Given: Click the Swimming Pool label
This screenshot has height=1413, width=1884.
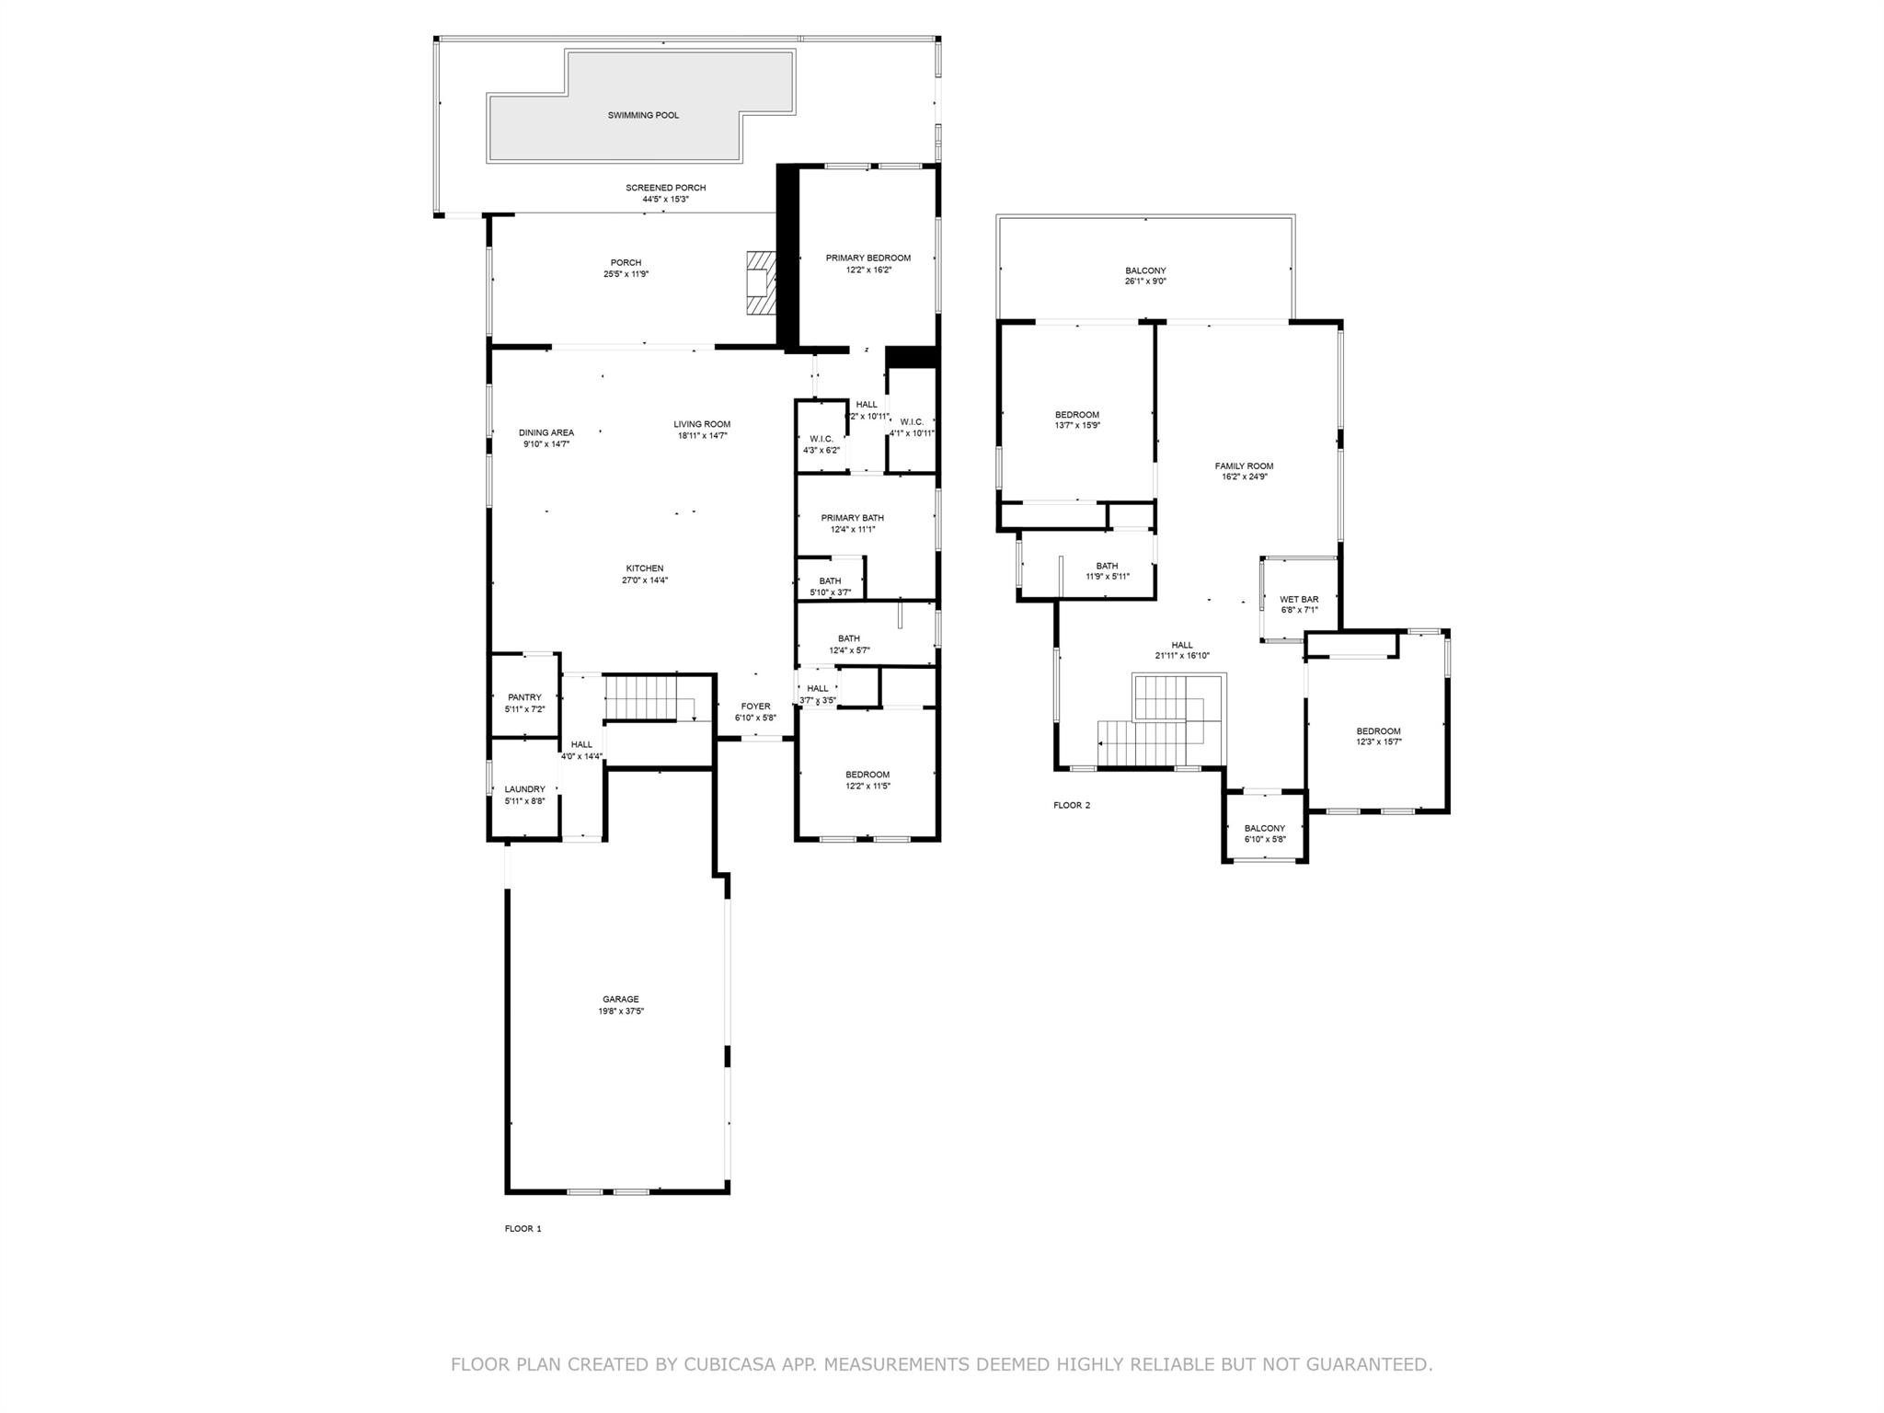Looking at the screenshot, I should pyautogui.click(x=643, y=116).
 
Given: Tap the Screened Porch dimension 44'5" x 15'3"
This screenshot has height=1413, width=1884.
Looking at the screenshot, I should pyautogui.click(x=665, y=200).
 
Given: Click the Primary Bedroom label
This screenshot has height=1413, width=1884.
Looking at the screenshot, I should pyautogui.click(x=867, y=258).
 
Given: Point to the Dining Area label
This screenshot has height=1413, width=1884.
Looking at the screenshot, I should pyautogui.click(x=546, y=433).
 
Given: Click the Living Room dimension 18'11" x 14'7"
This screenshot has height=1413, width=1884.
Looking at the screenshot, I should pyautogui.click(x=702, y=436).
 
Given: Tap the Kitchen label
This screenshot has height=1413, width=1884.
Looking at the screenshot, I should pyautogui.click(x=644, y=569).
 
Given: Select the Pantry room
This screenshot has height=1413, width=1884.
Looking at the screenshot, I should pyautogui.click(x=524, y=698).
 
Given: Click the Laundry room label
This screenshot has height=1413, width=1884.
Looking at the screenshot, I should pyautogui.click(x=524, y=789).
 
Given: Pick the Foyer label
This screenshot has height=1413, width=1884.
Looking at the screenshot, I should pyautogui.click(x=755, y=706).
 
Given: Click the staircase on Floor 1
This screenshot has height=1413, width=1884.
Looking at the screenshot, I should pyautogui.click(x=641, y=697).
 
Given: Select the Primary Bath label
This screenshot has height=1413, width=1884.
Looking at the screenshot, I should pyautogui.click(x=852, y=518).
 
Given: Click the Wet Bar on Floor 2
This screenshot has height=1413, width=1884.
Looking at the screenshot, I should pyautogui.click(x=1299, y=600).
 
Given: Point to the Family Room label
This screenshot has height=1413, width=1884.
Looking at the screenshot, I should pyautogui.click(x=1244, y=466).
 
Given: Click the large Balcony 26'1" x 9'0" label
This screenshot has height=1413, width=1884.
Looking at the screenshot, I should pyautogui.click(x=1145, y=271).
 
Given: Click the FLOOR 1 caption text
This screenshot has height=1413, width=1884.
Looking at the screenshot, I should pyautogui.click(x=523, y=1229).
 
